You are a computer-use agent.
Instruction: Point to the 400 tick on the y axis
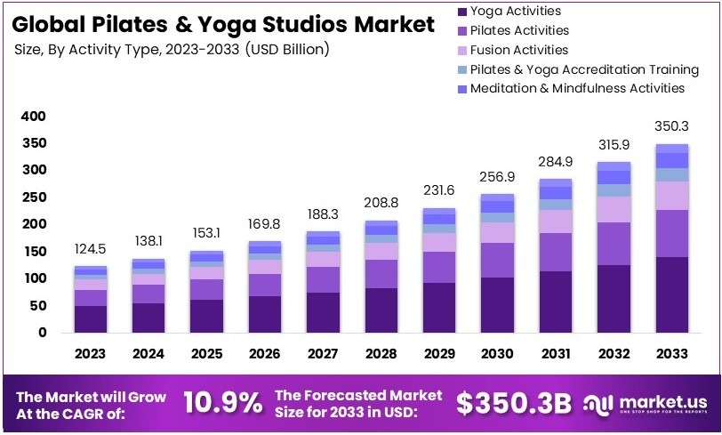(x=32, y=116)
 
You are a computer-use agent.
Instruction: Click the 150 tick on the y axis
(x=32, y=252)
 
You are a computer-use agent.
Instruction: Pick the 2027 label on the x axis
(x=323, y=354)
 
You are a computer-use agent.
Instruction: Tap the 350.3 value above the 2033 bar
(x=671, y=125)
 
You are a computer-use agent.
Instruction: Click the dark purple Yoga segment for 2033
(x=671, y=294)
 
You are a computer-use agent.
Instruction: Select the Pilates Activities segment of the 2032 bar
(x=614, y=244)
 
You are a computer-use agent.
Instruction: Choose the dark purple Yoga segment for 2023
(x=90, y=318)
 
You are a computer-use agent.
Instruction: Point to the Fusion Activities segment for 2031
(x=555, y=222)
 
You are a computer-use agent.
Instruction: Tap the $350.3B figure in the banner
(x=513, y=403)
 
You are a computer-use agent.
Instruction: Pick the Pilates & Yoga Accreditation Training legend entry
(x=584, y=69)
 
